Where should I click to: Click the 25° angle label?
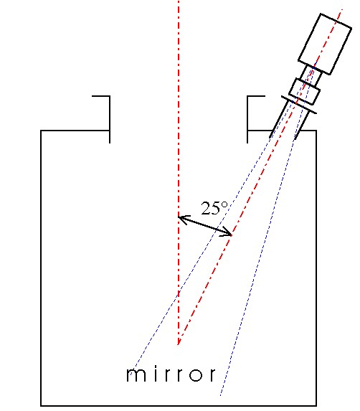click(x=214, y=209)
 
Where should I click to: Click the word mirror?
click(x=171, y=374)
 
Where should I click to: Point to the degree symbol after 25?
click(x=224, y=204)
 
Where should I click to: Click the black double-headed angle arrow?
click(x=205, y=226)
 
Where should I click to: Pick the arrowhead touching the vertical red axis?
click(x=184, y=219)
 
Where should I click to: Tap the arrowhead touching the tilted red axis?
click(x=227, y=232)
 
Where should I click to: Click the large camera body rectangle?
click(x=325, y=44)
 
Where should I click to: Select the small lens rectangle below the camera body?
click(x=305, y=92)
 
